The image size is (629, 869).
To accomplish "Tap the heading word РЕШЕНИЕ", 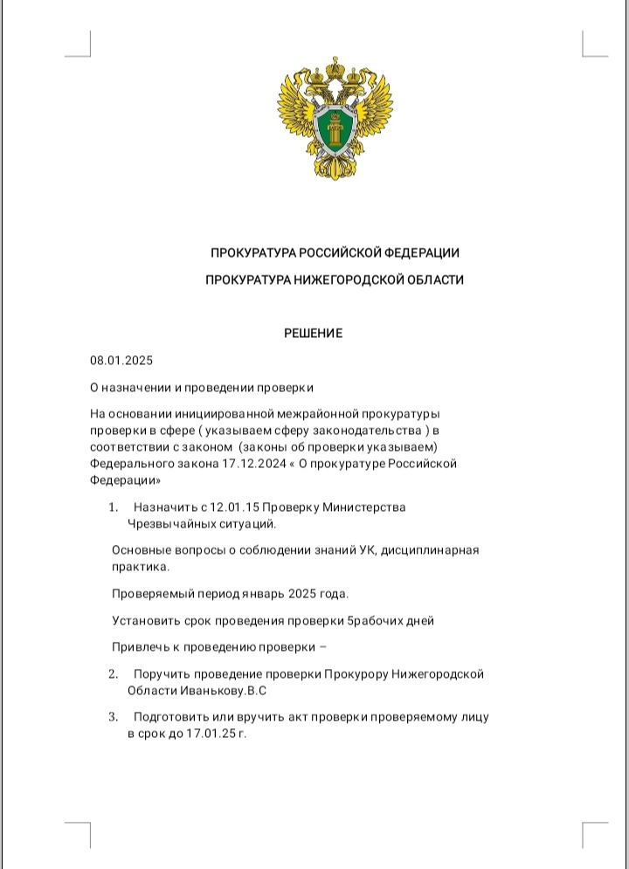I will click(313, 333).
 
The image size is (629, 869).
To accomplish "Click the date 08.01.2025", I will click(121, 360).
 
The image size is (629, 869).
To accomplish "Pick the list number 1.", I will click(113, 507).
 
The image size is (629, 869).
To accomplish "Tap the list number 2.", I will click(113, 674).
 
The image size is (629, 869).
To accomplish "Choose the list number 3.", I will click(113, 717).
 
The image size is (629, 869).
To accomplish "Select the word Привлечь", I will click(138, 647).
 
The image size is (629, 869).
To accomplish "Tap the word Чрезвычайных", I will click(169, 524).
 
